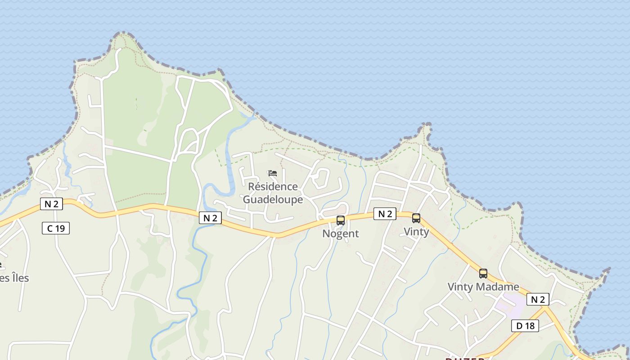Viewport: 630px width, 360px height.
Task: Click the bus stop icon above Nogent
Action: (341, 220)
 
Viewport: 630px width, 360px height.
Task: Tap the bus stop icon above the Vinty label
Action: (416, 218)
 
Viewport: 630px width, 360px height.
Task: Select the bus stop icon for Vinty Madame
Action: (483, 273)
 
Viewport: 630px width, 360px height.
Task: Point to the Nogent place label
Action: (341, 234)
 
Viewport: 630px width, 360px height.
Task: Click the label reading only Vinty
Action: (416, 232)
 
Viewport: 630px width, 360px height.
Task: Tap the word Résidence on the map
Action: (273, 186)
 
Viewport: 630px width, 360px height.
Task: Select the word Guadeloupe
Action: (273, 199)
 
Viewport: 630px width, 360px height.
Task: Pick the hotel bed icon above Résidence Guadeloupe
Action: (273, 173)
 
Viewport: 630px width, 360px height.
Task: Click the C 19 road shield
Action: (56, 228)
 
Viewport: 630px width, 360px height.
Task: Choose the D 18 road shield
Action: (525, 326)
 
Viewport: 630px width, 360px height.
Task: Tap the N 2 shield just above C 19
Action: (52, 204)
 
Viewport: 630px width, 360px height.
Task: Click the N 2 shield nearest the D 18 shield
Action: (538, 299)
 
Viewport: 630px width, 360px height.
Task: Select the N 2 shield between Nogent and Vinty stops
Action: (385, 214)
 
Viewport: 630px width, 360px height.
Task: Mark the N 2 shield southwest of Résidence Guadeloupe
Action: (210, 218)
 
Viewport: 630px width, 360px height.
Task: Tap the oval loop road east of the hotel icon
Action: (321, 178)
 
